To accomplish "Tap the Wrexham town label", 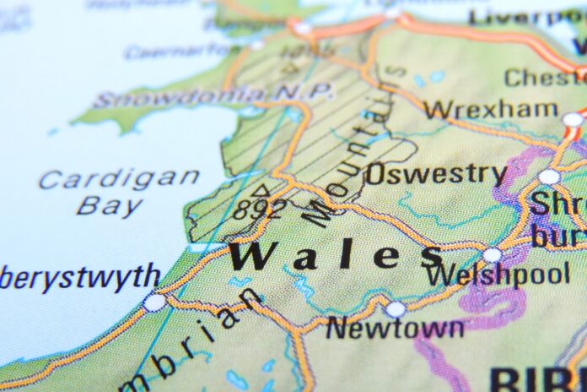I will (490, 109).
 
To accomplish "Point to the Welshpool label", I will (497, 275).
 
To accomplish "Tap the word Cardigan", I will (119, 179).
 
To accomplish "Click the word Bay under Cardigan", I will (109, 206).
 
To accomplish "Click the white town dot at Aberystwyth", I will (154, 302).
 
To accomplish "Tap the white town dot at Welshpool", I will (492, 254).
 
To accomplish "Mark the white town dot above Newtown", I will (396, 309).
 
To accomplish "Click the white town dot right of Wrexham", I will (573, 120).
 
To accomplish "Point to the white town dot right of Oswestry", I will (549, 177).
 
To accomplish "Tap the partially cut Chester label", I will (544, 78).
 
